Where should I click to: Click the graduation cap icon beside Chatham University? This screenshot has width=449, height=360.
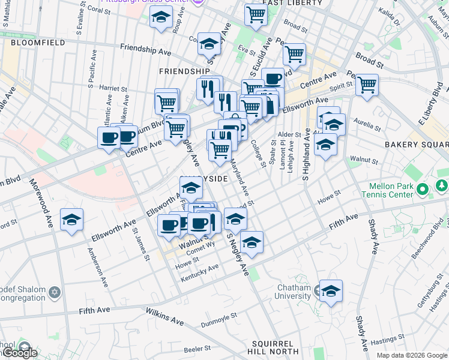tap(331, 291)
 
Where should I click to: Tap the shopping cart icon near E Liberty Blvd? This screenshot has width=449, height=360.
tap(366, 85)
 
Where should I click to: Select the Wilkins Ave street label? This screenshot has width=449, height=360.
tap(164, 316)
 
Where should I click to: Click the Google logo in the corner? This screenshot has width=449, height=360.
tap(19, 353)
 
